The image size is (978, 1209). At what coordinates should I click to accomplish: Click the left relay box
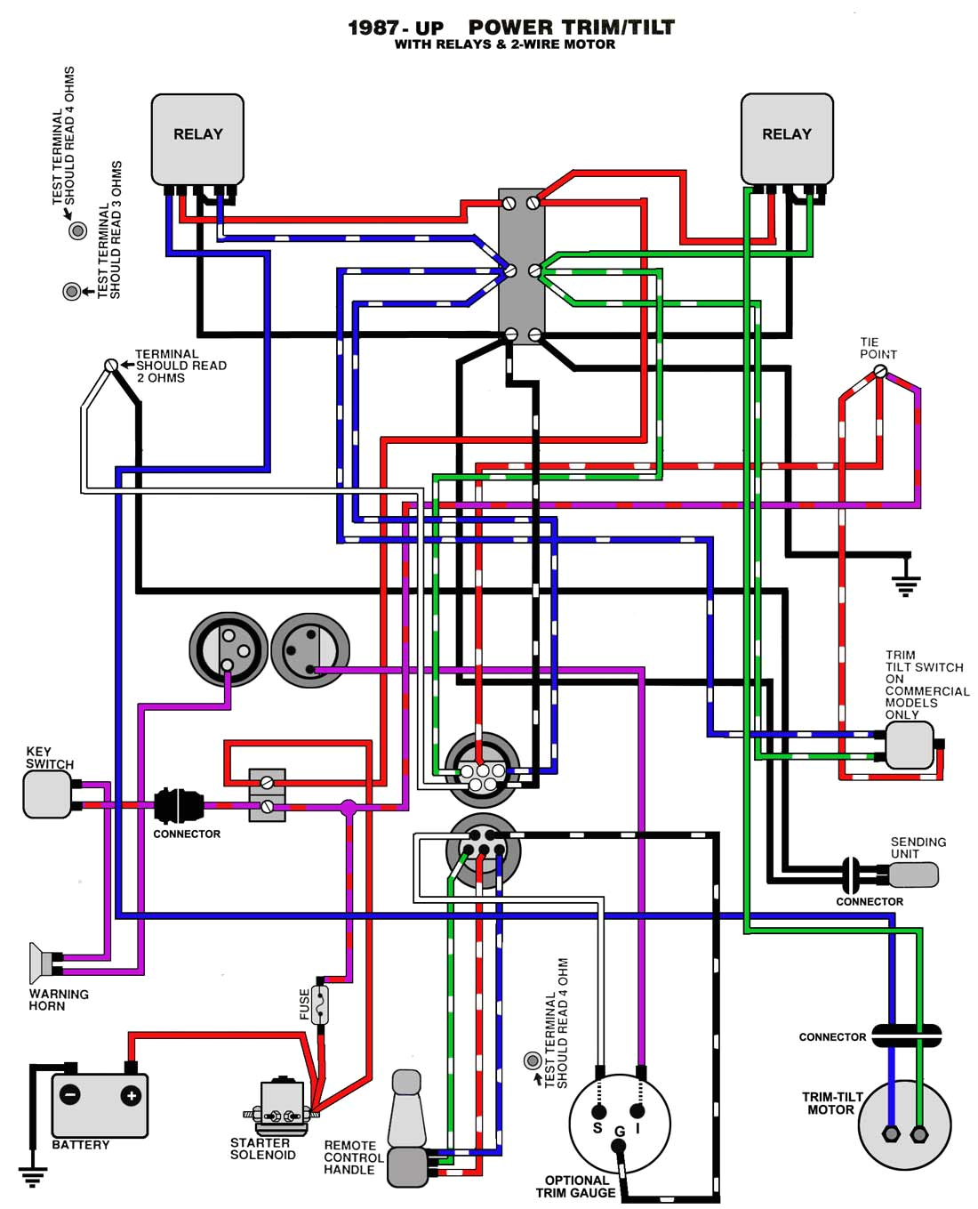(x=197, y=139)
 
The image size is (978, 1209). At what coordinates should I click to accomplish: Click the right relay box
(x=787, y=139)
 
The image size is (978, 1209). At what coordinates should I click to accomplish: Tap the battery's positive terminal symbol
(x=131, y=1096)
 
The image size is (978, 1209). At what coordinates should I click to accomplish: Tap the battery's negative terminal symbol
(x=70, y=1096)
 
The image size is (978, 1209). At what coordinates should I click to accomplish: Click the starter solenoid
(x=283, y=1103)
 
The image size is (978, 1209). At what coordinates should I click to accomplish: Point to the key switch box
(x=46, y=794)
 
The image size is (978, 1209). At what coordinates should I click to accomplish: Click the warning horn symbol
(x=40, y=963)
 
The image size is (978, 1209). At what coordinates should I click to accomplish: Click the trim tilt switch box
(x=909, y=745)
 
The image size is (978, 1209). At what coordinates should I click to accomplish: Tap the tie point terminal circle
(x=880, y=372)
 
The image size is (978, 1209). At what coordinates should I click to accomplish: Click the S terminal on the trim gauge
(x=598, y=1112)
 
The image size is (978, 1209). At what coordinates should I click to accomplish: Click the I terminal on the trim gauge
(x=637, y=1111)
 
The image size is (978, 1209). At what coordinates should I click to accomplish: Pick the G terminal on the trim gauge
(x=619, y=1146)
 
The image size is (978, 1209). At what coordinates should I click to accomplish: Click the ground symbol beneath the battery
(x=33, y=1176)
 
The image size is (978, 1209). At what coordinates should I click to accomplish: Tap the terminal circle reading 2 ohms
(x=111, y=366)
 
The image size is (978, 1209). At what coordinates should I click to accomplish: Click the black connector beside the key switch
(x=179, y=806)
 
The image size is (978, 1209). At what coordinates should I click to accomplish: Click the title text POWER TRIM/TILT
(x=571, y=28)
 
